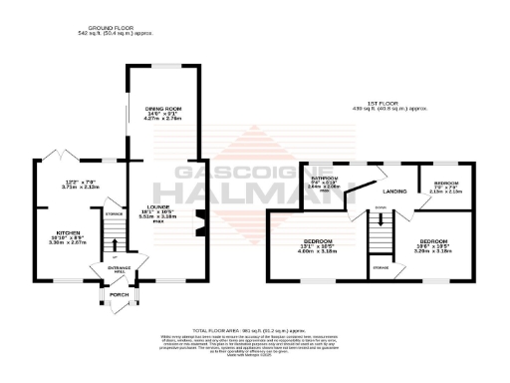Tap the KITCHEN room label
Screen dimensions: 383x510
[x=67, y=231]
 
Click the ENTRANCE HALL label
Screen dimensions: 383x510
[x=119, y=269]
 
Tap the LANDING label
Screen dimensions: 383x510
[x=395, y=190]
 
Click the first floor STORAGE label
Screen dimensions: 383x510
[x=381, y=266]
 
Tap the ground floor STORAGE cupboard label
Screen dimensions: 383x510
[x=112, y=210]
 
